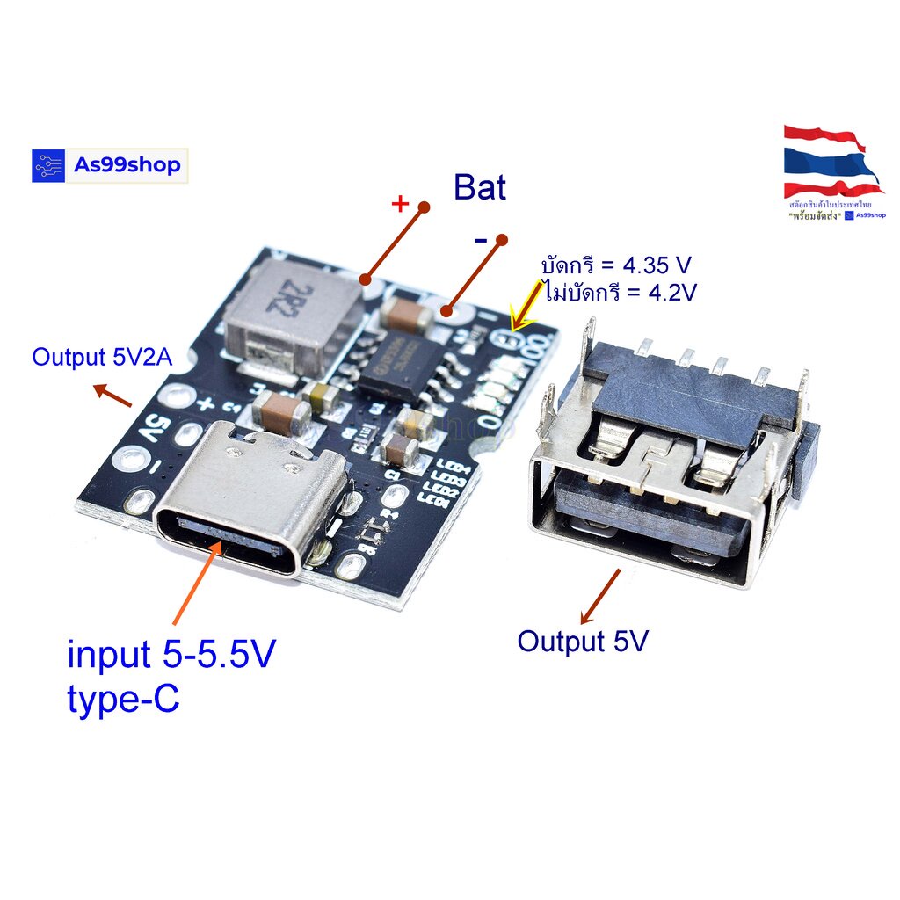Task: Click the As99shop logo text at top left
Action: click(x=127, y=164)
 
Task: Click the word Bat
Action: click(x=479, y=187)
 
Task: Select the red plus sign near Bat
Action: click(x=400, y=205)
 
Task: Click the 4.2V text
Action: click(x=667, y=292)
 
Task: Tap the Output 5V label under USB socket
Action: click(x=582, y=642)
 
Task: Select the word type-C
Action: click(x=123, y=700)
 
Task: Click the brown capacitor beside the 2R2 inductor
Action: click(x=407, y=316)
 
